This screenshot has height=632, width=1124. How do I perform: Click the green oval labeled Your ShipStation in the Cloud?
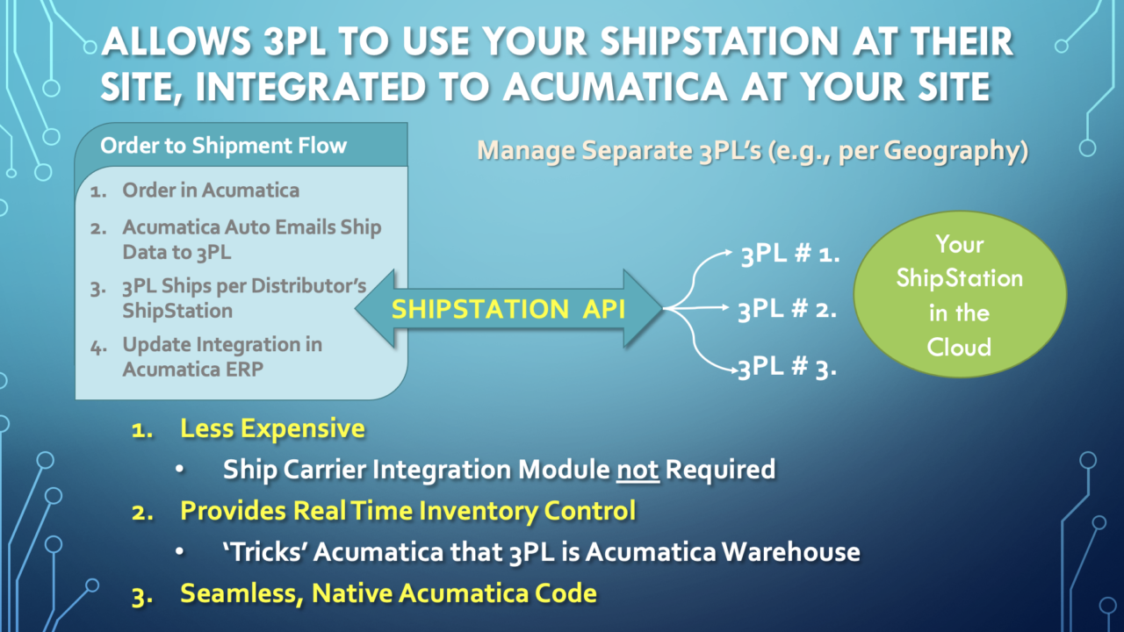coord(960,295)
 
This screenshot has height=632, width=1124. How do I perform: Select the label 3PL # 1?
coord(790,256)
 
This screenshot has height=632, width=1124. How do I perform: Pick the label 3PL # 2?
coord(787,309)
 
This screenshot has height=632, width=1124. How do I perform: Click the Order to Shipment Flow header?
coord(223,146)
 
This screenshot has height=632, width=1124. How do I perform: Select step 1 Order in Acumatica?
coord(211,190)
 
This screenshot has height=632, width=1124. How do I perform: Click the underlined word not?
coord(638,470)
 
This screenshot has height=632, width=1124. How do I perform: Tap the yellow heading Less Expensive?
coord(272,429)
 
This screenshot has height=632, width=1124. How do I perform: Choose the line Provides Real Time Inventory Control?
coord(407,510)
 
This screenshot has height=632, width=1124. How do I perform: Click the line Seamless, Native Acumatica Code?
coord(388,592)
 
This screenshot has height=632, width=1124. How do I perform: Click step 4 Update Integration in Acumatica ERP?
coord(221,356)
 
